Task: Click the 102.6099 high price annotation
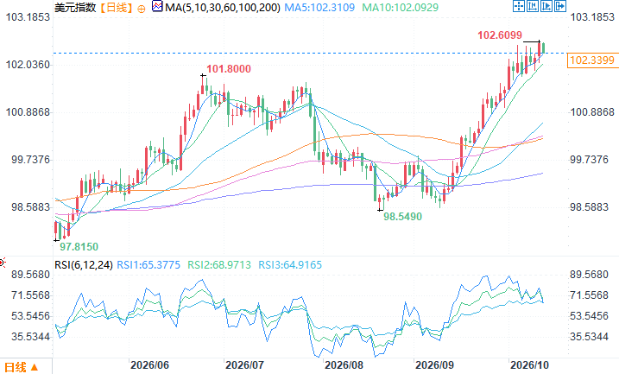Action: pos(500,35)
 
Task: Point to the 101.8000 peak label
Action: pos(229,69)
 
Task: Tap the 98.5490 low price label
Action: pos(402,217)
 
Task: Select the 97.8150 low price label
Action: pos(79,247)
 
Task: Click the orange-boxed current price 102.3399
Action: pos(592,60)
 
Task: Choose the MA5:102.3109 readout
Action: pos(319,7)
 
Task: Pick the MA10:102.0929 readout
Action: pos(401,7)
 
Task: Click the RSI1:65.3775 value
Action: pos(148,264)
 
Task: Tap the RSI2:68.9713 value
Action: pos(219,264)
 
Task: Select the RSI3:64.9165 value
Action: pos(290,264)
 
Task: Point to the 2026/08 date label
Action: pos(344,364)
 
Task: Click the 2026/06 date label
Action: pos(149,364)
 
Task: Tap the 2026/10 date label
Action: pos(529,364)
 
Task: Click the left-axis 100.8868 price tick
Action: pos(28,112)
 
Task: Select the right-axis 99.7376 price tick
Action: pos(589,160)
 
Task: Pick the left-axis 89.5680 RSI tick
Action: pos(31,275)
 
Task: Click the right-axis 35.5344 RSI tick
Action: pos(589,337)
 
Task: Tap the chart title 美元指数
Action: pos(75,7)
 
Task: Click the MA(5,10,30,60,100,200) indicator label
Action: pos(223,7)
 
